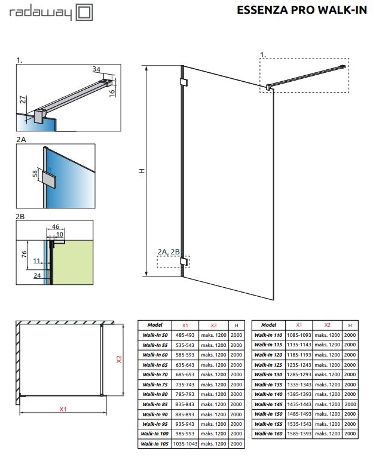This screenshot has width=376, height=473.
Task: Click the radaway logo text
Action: tap(38, 12)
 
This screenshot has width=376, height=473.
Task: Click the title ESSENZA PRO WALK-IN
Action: tap(310, 10)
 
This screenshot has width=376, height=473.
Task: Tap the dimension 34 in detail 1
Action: tap(97, 69)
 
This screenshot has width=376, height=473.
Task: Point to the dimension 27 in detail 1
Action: tap(22, 99)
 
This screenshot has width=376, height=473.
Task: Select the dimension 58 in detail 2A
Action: tap(35, 174)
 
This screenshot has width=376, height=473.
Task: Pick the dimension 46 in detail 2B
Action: tap(56, 227)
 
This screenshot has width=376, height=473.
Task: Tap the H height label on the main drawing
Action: tap(142, 171)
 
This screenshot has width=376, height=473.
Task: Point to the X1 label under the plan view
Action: tap(62, 409)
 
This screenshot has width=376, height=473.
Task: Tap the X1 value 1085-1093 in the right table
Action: tap(298, 334)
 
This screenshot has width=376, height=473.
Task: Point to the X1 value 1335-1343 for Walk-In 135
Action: tap(298, 383)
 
